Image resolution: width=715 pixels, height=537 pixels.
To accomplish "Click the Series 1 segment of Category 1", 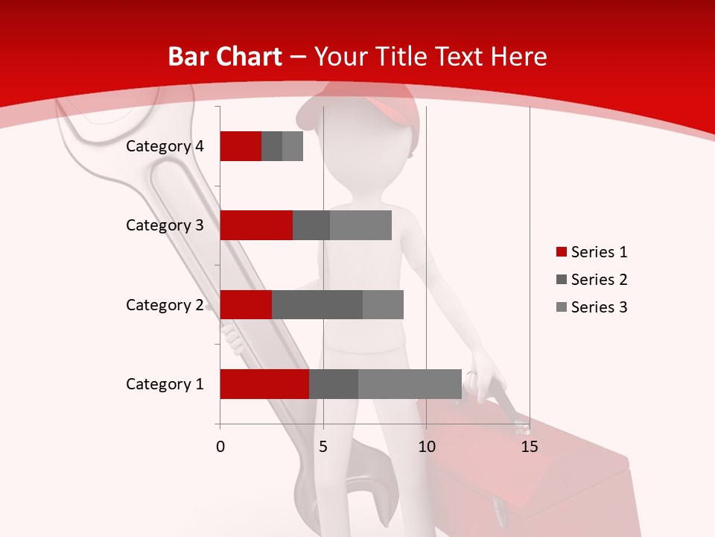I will pos(264,384).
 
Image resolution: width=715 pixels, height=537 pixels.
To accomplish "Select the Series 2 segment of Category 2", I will pos(317,304).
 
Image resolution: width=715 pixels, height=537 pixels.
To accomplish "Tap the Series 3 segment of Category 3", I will pos(360,225).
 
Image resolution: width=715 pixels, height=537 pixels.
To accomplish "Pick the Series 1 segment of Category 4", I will pos(241,146).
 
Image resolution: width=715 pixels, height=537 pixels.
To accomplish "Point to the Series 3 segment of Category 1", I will pos(410,384).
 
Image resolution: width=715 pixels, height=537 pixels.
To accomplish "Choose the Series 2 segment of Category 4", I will pos(272,146).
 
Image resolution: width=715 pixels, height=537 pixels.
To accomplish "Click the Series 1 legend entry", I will pos(591,252).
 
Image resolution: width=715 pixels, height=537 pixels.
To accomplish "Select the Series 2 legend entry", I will pos(591,280).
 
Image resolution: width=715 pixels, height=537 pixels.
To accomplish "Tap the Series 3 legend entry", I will pos(591,307).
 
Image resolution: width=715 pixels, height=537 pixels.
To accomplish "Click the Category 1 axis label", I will pos(165,384).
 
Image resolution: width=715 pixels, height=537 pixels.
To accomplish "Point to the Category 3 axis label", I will pos(165,225).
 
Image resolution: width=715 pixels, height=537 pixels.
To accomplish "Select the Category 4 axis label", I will pos(165,146).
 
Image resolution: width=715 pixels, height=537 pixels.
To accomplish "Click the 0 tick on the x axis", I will pos(220,447).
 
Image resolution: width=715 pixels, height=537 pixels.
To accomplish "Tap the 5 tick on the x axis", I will pos(323,447).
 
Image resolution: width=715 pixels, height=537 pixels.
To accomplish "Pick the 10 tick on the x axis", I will pos(426,447).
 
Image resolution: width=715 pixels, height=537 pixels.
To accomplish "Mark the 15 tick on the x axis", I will pos(530,447).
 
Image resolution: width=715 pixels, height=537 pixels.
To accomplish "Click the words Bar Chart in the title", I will pos(225,57).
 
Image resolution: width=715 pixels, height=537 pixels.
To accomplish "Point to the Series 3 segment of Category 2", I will pos(383,304).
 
